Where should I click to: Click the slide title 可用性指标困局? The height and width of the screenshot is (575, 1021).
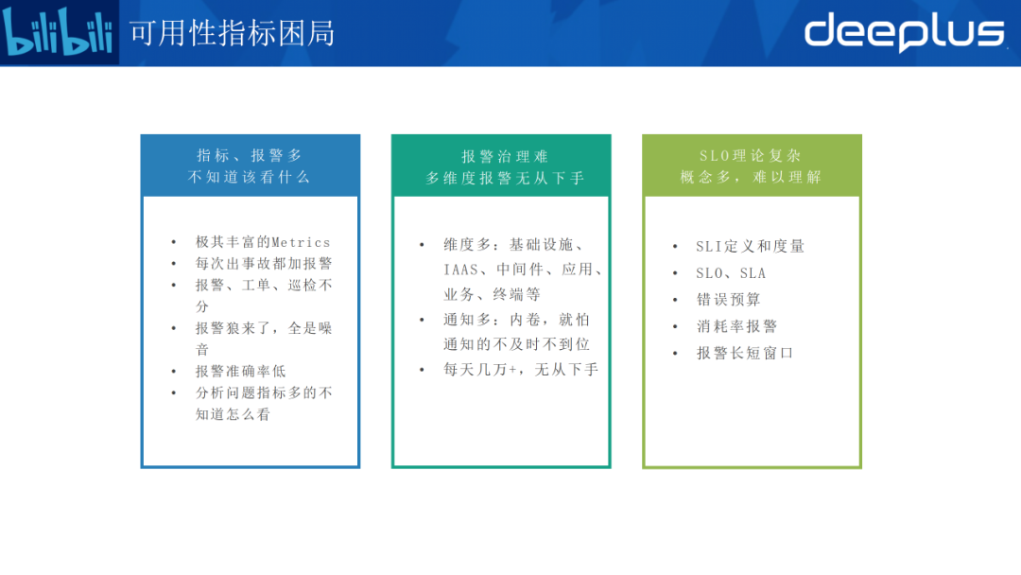(x=233, y=34)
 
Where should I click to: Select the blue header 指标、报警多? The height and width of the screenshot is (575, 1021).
(x=250, y=155)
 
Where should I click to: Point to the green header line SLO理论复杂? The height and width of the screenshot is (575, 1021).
(x=753, y=155)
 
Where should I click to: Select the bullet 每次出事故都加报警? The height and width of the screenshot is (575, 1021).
(x=264, y=264)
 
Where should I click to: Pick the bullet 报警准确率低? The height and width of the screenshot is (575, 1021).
(x=241, y=371)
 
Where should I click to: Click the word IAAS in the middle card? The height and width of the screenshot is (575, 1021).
(x=460, y=270)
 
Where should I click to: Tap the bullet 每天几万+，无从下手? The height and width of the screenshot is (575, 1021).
(x=521, y=369)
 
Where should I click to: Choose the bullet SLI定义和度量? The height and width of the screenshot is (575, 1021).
(x=750, y=246)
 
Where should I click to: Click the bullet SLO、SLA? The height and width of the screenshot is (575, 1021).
(x=731, y=273)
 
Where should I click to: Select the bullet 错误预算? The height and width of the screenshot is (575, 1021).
(x=728, y=300)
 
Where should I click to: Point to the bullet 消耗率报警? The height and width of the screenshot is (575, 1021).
(x=736, y=326)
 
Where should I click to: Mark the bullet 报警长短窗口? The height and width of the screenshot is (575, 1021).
(x=745, y=353)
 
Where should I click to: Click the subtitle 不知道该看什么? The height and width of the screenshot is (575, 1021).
(x=250, y=177)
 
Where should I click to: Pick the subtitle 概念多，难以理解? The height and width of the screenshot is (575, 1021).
(x=752, y=177)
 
